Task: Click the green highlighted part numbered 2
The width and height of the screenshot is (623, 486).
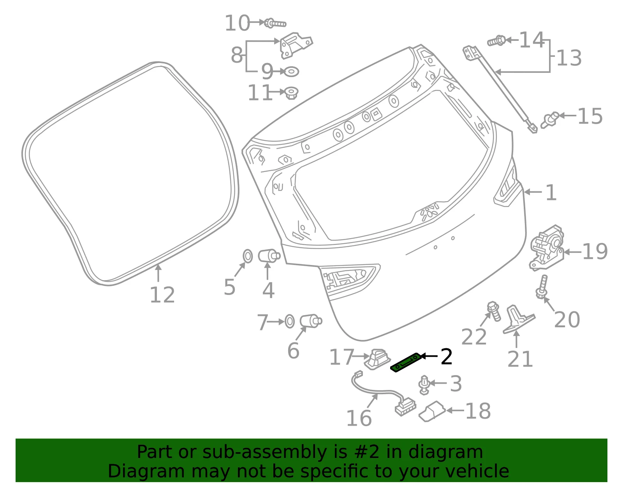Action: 406,363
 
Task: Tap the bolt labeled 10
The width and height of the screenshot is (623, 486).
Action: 275,23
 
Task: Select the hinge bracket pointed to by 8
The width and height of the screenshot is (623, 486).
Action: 296,46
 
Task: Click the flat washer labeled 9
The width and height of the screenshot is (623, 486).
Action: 291,72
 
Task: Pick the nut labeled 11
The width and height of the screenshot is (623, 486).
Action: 292,93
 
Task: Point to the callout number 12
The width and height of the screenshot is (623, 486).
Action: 162,295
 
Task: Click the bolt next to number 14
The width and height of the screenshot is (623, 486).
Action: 496,41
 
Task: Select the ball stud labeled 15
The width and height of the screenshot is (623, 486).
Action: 550,120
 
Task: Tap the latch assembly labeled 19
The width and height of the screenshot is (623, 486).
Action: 546,248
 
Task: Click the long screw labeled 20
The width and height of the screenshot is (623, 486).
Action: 542,287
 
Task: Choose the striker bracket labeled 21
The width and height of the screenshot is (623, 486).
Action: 518,319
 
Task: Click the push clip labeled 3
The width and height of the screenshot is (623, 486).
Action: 424,385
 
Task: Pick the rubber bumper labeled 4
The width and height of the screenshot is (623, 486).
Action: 269,256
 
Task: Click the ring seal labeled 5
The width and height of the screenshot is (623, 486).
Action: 248,256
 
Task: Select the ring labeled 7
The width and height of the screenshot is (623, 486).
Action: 290,321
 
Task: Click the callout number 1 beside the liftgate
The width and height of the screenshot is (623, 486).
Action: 551,193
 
